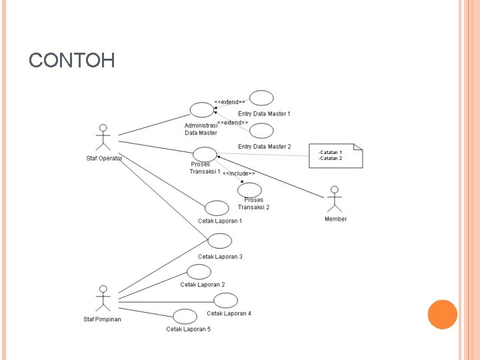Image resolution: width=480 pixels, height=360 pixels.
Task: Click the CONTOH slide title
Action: (72, 61)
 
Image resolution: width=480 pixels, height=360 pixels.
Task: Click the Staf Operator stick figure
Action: (103, 137)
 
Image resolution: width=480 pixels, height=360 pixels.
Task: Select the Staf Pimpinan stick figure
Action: (103, 298)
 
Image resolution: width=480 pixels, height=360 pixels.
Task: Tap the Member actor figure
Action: (335, 199)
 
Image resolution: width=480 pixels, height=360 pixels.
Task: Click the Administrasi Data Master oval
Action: (201, 109)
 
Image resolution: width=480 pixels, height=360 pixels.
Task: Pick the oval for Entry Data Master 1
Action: (261, 99)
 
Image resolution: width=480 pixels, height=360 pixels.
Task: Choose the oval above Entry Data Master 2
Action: (261, 131)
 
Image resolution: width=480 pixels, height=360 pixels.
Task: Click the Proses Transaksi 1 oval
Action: (205, 154)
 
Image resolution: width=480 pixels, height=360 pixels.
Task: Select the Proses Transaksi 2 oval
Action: (250, 190)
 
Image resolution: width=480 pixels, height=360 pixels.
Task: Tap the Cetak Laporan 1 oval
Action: (217, 208)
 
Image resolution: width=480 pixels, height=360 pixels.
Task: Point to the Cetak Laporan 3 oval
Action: (220, 241)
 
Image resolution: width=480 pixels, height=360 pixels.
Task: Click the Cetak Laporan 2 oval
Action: (199, 271)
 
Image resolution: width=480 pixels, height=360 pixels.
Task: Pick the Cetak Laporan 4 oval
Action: (225, 301)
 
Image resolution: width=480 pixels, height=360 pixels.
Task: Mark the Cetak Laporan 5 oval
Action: (185, 316)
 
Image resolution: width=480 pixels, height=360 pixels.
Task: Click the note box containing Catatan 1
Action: (336, 156)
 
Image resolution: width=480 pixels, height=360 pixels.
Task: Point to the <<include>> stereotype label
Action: (239, 173)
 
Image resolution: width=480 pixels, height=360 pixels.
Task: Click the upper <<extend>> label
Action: (229, 102)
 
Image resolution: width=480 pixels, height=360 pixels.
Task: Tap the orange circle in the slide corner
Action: (442, 314)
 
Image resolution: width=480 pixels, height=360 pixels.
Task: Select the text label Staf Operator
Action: (103, 159)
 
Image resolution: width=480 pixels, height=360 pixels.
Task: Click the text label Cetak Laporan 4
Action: (229, 313)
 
